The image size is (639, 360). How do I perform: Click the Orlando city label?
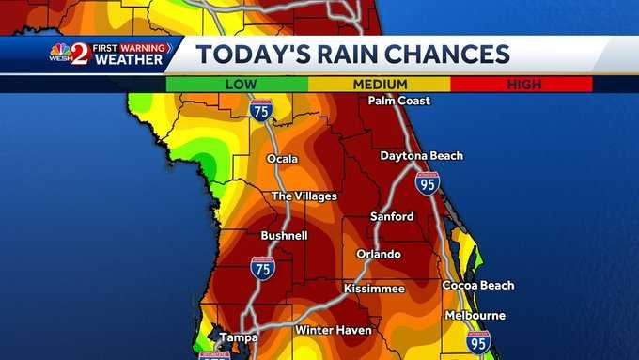[x=379, y=255]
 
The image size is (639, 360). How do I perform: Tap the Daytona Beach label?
[x=421, y=156]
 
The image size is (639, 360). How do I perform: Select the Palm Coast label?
[x=398, y=101]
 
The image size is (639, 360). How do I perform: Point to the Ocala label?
[x=282, y=159]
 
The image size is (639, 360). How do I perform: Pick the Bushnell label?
[x=284, y=235]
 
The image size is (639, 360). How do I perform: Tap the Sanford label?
[x=392, y=216]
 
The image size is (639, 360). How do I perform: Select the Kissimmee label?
[x=374, y=288]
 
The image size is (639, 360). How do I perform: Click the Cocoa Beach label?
[x=478, y=285]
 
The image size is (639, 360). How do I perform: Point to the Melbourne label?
[x=475, y=316]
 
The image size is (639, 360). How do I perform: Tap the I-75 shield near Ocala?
[x=262, y=110]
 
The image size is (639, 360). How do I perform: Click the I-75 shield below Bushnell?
[x=263, y=268]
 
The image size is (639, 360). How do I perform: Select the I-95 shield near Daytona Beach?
[x=428, y=182]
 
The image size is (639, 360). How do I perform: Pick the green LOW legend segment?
[x=237, y=85]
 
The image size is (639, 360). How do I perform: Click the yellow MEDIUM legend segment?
[x=380, y=85]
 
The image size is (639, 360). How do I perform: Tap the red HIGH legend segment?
[x=522, y=85]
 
